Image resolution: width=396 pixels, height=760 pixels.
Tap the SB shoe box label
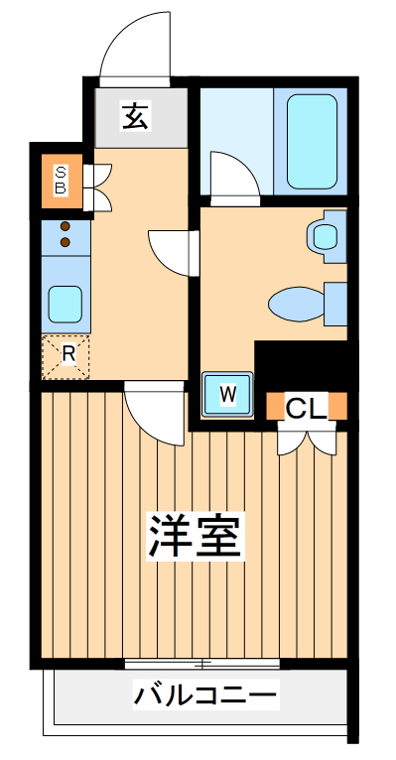pyautogui.click(x=61, y=179)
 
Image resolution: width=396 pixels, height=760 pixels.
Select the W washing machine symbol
pyautogui.click(x=228, y=394)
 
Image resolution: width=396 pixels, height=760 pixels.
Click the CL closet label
pyautogui.click(x=307, y=407)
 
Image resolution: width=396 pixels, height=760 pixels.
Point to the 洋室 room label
pyautogui.click(x=196, y=537)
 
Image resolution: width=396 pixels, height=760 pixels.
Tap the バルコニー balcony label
pyautogui.click(x=205, y=696)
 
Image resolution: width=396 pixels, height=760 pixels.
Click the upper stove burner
pyautogui.click(x=66, y=226)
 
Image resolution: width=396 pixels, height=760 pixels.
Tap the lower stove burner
pyautogui.click(x=66, y=241)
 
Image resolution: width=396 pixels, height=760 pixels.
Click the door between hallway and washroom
pyautogui.click(x=171, y=250)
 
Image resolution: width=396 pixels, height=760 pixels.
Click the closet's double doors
pyautogui.click(x=307, y=438)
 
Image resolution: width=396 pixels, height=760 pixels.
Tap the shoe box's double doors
pyautogui.click(x=99, y=186)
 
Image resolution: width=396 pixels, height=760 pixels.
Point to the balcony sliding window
pyautogui.click(x=202, y=663)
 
